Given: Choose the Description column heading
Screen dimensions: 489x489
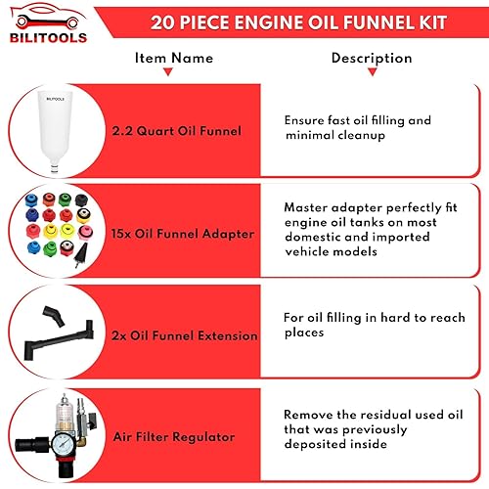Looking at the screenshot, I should point(371,58).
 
